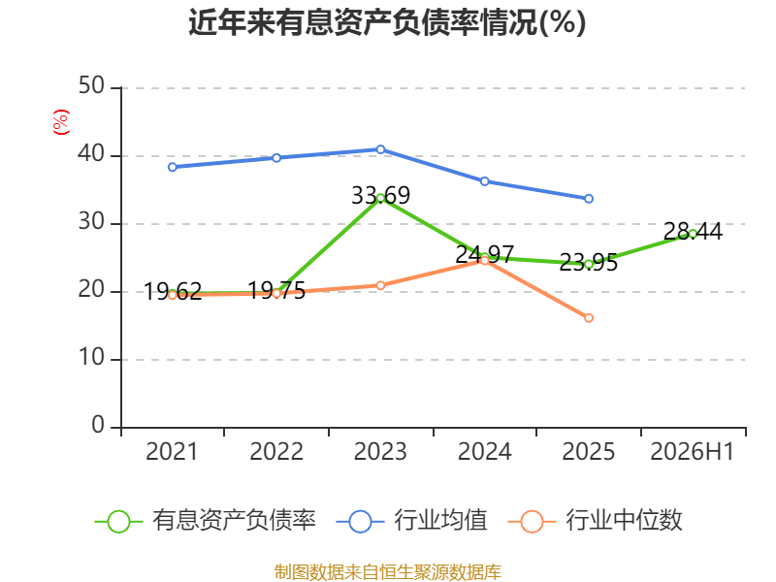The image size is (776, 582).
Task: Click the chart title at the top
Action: (387, 22)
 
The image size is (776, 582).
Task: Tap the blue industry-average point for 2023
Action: (380, 149)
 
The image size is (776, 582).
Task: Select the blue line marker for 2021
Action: (173, 167)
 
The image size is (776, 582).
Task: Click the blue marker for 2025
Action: (589, 199)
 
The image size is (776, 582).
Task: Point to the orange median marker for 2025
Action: (589, 318)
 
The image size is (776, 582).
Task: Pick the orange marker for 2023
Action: (380, 285)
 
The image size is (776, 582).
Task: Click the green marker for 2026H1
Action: (693, 234)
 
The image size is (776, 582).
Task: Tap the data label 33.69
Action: (380, 196)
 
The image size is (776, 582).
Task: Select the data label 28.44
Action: (693, 231)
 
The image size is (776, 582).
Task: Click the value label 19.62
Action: (173, 292)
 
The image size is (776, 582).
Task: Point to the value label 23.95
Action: (589, 262)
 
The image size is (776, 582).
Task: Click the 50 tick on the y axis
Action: (91, 86)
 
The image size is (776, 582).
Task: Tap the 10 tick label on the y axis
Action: (91, 358)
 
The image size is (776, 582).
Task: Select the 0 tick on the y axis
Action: (98, 426)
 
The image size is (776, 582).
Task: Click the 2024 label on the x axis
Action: (484, 452)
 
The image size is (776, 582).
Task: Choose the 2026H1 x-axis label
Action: (693, 452)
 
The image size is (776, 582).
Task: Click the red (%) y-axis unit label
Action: (61, 122)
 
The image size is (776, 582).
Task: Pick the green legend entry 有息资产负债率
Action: (206, 521)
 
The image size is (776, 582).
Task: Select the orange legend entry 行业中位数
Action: (596, 521)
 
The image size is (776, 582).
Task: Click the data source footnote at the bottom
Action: (388, 572)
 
